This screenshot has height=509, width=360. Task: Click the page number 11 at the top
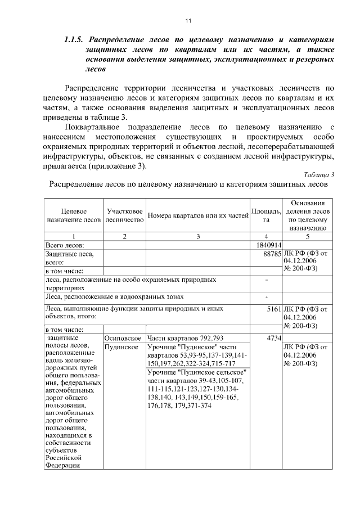pyautogui.click(x=188, y=21)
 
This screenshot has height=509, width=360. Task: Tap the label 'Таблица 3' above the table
pyautogui.click(x=319, y=174)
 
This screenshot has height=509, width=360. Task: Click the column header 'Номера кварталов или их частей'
pyautogui.click(x=198, y=215)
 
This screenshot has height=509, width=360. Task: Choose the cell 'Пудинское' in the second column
pyautogui.click(x=121, y=347)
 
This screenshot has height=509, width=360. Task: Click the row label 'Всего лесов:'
pyautogui.click(x=64, y=245)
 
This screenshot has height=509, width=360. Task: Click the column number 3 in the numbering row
pyautogui.click(x=198, y=236)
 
